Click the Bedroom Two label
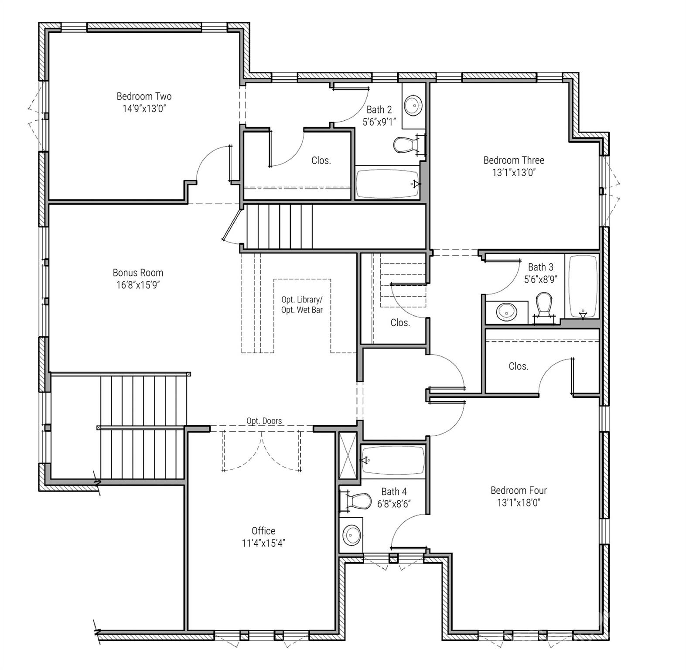coord(144,96)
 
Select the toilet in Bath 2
coord(404,145)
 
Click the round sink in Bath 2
coord(413,105)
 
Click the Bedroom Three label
coord(514,160)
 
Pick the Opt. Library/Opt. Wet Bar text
coord(302,305)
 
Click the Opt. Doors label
coord(264,421)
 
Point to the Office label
coord(263,531)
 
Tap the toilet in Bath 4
coord(360,502)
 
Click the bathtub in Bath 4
coord(392,461)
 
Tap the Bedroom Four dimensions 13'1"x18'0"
coord(519,502)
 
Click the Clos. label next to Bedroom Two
coord(321,161)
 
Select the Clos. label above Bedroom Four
coord(519,366)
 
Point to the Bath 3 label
coord(540,267)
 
